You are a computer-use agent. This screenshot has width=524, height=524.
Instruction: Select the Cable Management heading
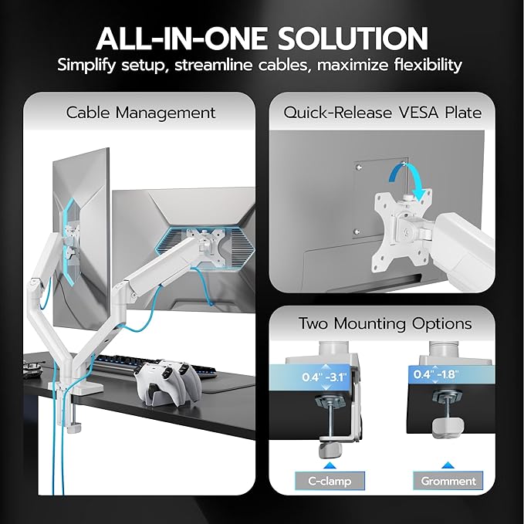(x=140, y=113)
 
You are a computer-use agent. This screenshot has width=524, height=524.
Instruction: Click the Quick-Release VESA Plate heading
(x=383, y=113)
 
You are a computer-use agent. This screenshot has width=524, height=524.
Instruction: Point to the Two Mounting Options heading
(x=385, y=324)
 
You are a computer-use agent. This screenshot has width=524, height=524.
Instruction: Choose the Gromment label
(x=448, y=481)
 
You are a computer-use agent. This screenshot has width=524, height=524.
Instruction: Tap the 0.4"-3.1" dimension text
(x=330, y=378)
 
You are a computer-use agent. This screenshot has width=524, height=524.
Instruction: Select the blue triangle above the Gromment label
(x=448, y=464)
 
